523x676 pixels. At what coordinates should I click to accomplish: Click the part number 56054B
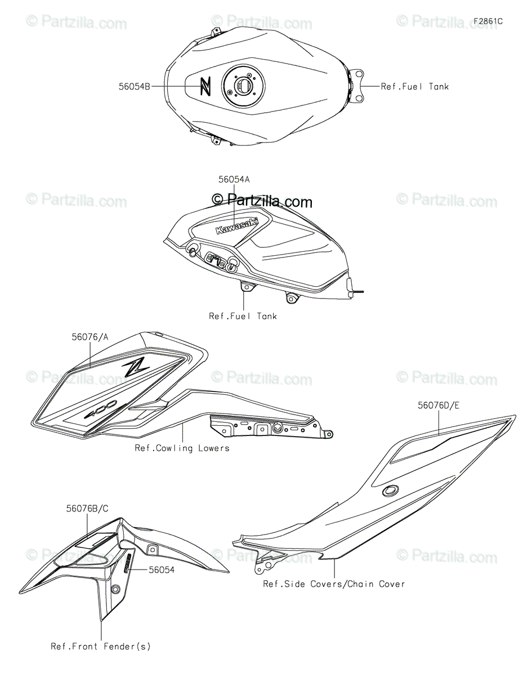click(134, 87)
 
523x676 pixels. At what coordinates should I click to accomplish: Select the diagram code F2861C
click(488, 21)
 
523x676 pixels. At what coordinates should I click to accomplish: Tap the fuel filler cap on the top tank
click(244, 84)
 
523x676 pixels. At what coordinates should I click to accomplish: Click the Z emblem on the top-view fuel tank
click(205, 86)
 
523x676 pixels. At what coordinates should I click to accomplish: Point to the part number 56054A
click(234, 180)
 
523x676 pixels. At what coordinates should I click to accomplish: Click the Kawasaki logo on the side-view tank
click(237, 225)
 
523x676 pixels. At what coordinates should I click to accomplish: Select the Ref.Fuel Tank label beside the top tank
click(415, 87)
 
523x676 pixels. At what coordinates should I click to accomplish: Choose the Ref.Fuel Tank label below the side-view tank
click(243, 317)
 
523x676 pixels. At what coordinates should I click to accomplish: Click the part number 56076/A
click(90, 337)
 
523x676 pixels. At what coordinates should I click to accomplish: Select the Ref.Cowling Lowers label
click(182, 448)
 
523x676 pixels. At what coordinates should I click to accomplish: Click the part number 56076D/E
click(439, 406)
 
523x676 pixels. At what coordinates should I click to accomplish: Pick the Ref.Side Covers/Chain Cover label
click(334, 584)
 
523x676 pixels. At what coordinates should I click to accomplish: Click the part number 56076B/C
click(87, 509)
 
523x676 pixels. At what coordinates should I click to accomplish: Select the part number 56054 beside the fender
click(162, 570)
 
